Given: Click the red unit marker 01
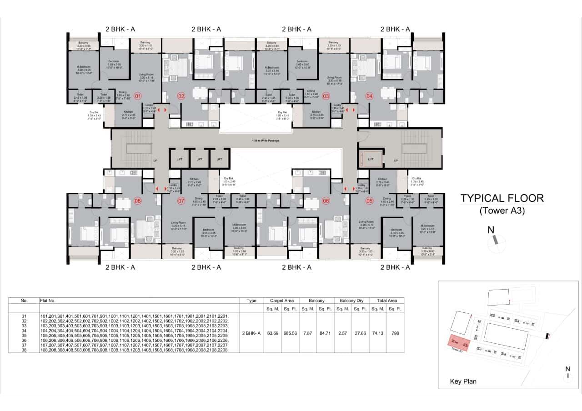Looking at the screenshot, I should coord(138,96).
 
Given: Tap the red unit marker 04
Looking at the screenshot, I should coord(369,96).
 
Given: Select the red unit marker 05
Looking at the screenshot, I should coord(369,200).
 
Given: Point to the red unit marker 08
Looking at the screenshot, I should coord(138,200).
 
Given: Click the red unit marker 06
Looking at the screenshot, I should coord(326,200).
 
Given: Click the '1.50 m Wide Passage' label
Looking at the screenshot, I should coord(266,140).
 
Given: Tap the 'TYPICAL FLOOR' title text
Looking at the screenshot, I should coord(502,198).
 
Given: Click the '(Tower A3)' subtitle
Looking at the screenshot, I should coord(502,211).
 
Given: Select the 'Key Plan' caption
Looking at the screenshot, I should coord(463,381).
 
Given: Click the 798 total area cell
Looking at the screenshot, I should coord(395,333).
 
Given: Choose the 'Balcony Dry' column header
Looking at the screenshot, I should coord(352,301).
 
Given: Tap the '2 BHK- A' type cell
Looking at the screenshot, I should coord(251,333).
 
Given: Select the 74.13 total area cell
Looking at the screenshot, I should coord(378,333).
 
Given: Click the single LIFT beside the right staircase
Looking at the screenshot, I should coord(370,159).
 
